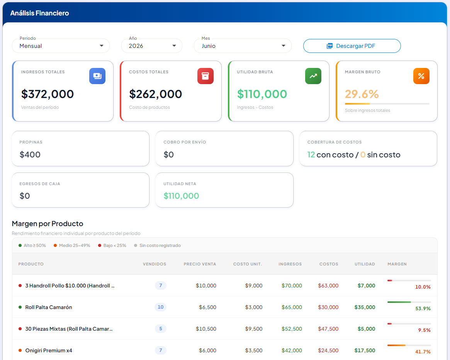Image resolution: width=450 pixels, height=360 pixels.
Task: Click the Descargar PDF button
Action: [x=352, y=46]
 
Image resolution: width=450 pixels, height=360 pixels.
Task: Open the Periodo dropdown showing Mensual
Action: [x=61, y=46]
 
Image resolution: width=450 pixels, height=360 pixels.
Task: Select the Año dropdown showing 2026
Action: [x=151, y=46]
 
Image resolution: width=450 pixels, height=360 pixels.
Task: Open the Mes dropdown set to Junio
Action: [x=243, y=46]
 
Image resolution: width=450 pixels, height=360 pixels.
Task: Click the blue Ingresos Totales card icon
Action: [x=97, y=76]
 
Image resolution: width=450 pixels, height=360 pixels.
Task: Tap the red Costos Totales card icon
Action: [x=205, y=76]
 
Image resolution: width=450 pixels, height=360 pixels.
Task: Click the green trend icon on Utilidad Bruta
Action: [x=313, y=76]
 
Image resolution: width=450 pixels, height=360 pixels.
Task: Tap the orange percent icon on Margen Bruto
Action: [x=421, y=76]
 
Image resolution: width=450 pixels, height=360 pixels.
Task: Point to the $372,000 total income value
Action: [x=48, y=94]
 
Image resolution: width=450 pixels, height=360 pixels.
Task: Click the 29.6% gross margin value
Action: [x=362, y=94]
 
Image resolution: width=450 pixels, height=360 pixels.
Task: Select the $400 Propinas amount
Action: [x=30, y=154]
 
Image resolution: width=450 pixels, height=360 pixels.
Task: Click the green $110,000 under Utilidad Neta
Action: [x=181, y=196]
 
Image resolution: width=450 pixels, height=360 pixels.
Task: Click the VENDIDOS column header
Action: [x=155, y=264]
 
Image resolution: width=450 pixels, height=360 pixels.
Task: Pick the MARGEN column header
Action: [x=397, y=264]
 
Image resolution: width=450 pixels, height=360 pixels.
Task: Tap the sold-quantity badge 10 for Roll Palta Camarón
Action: [x=160, y=307]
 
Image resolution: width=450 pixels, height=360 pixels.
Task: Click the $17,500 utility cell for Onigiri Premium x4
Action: [x=365, y=350]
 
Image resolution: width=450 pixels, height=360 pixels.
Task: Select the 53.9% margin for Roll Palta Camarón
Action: [x=423, y=308]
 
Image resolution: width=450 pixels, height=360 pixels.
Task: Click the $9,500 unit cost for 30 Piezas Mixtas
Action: [x=254, y=329]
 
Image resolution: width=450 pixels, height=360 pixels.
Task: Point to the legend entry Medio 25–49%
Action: [x=72, y=245]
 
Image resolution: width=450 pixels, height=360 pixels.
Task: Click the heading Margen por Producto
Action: [x=48, y=223]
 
